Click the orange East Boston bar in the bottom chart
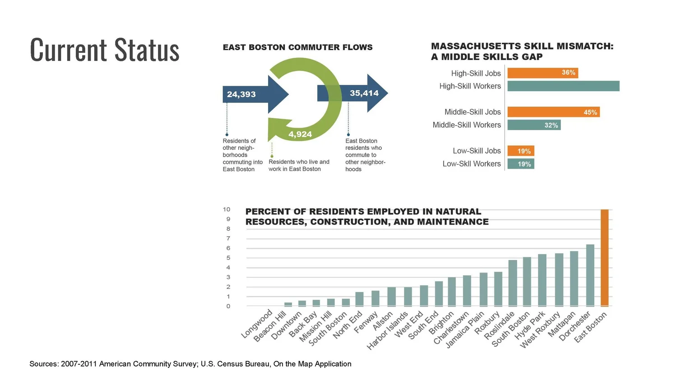coord(604,258)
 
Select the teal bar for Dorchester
coord(590,275)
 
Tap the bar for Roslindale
coord(513,283)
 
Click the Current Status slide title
coord(105,50)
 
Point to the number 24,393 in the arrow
coord(241,94)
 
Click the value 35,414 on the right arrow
coord(364,93)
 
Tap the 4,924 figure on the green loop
coord(300,134)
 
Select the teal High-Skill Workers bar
coord(563,86)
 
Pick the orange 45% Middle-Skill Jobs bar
coord(553,112)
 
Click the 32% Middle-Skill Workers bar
coord(534,125)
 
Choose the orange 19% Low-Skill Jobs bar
coord(521,151)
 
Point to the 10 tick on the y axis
coord(227,209)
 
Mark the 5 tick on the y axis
coord(228,258)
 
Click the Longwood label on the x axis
coord(257,324)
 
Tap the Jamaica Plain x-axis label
coord(465,330)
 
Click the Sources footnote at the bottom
coord(190,364)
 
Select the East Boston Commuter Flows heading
coord(297,47)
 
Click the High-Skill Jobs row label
coord(476,73)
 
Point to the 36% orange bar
coord(543,73)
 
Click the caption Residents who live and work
coord(299,165)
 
